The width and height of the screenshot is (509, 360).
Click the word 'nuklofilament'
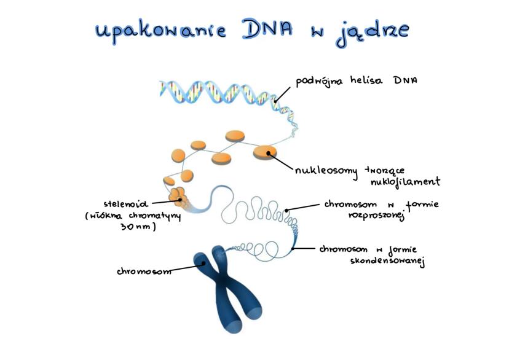click(x=405, y=182)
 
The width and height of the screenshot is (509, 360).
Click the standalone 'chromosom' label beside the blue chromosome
click(x=144, y=271)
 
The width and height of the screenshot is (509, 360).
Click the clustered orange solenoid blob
click(x=178, y=197)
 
